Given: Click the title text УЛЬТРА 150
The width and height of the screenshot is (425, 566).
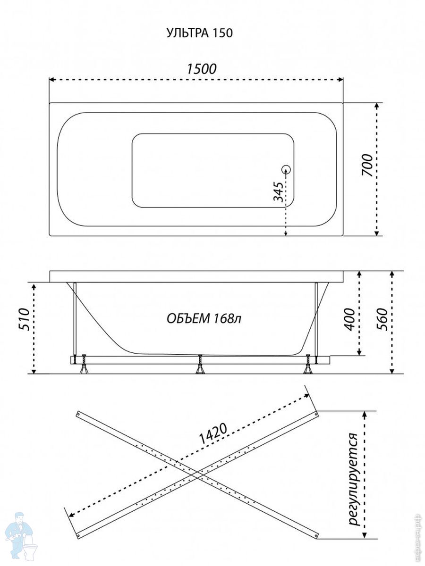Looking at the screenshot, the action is pos(199,33).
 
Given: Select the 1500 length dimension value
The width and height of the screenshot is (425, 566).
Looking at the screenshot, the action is pos(202,69).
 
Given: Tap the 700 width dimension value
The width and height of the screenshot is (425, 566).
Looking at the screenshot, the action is pos(367,165).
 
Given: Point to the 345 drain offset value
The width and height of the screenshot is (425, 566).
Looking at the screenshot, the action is pos(279,191).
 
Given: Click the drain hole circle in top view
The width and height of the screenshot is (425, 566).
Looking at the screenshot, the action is pos(286,169).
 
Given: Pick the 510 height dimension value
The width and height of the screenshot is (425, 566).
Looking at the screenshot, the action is pos(25,319).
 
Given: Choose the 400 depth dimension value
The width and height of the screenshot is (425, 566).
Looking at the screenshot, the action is pos(350,319).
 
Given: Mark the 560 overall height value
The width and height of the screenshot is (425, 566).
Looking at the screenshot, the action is pos(382,319).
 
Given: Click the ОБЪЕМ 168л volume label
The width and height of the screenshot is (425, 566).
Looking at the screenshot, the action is pos(204,319).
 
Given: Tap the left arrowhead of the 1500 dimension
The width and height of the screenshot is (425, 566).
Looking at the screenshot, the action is pos(51,80).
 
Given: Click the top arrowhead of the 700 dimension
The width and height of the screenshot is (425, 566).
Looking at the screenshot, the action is pos(377,105).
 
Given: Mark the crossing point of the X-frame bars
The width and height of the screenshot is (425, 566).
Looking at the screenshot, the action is pos(197,474).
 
